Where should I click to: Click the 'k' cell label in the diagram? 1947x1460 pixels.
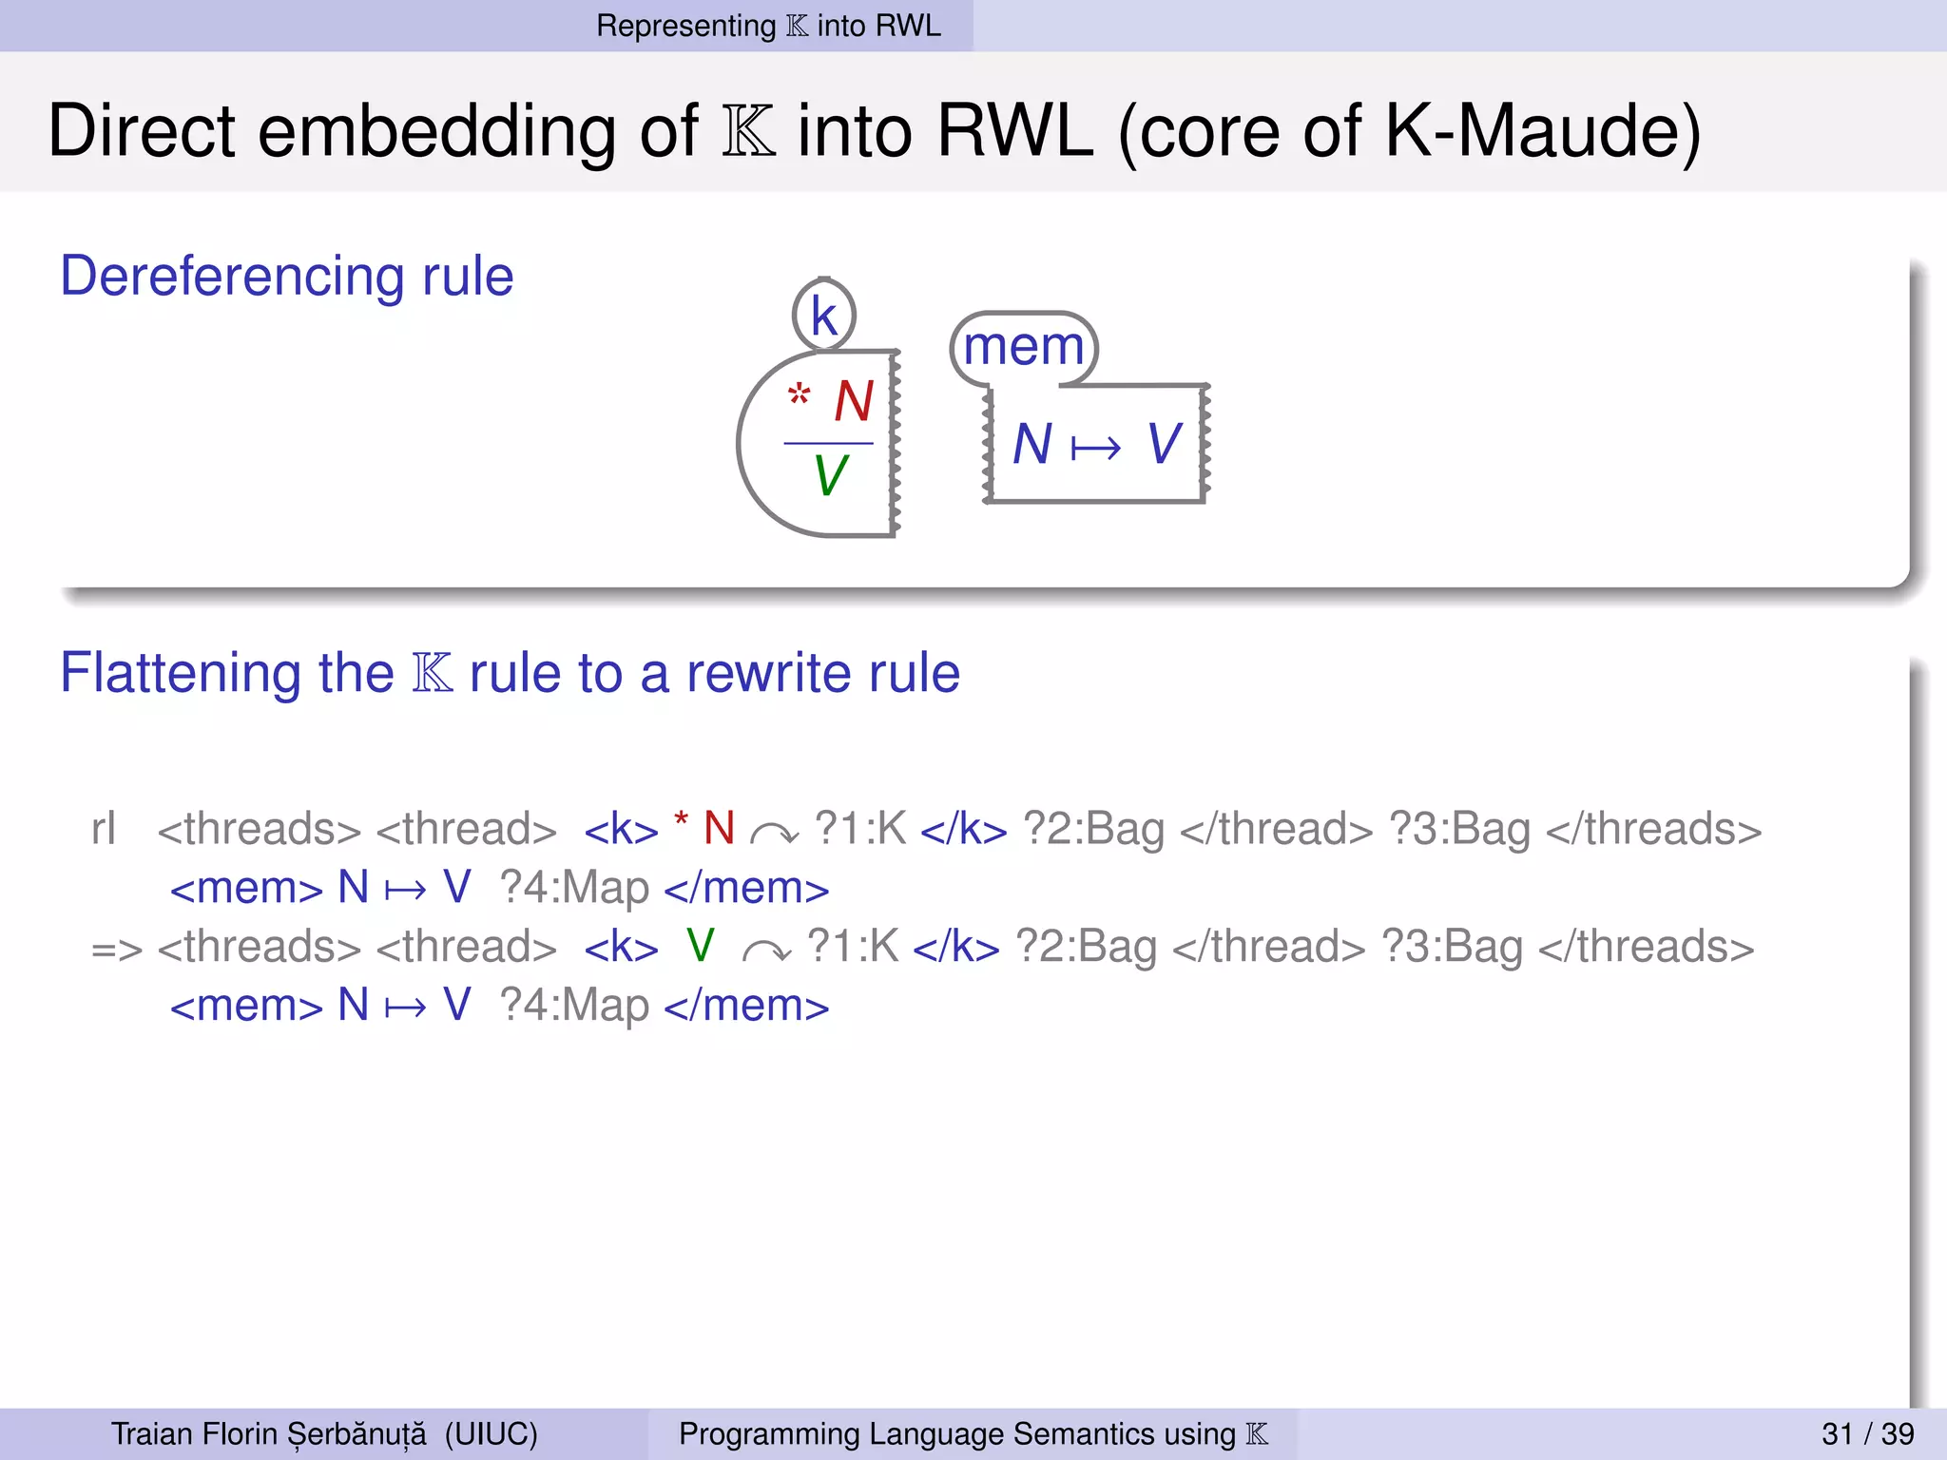(823, 316)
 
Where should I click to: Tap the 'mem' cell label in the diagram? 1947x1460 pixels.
(1024, 346)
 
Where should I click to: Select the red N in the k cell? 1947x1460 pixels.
(854, 401)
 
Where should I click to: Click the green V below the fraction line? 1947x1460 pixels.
(830, 475)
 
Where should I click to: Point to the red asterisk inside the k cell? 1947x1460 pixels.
(799, 394)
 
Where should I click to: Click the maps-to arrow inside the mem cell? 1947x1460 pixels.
(1095, 447)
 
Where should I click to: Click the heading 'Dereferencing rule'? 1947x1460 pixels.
(286, 277)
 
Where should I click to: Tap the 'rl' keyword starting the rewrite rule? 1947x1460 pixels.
(103, 829)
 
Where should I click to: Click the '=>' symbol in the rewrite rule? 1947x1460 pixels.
(116, 948)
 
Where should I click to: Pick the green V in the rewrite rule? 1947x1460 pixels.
(700, 946)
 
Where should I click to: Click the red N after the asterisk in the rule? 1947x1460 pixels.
(719, 828)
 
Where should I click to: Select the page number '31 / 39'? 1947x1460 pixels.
(1867, 1433)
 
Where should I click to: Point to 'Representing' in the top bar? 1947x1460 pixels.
(685, 26)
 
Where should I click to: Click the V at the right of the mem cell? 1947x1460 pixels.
(1164, 444)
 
